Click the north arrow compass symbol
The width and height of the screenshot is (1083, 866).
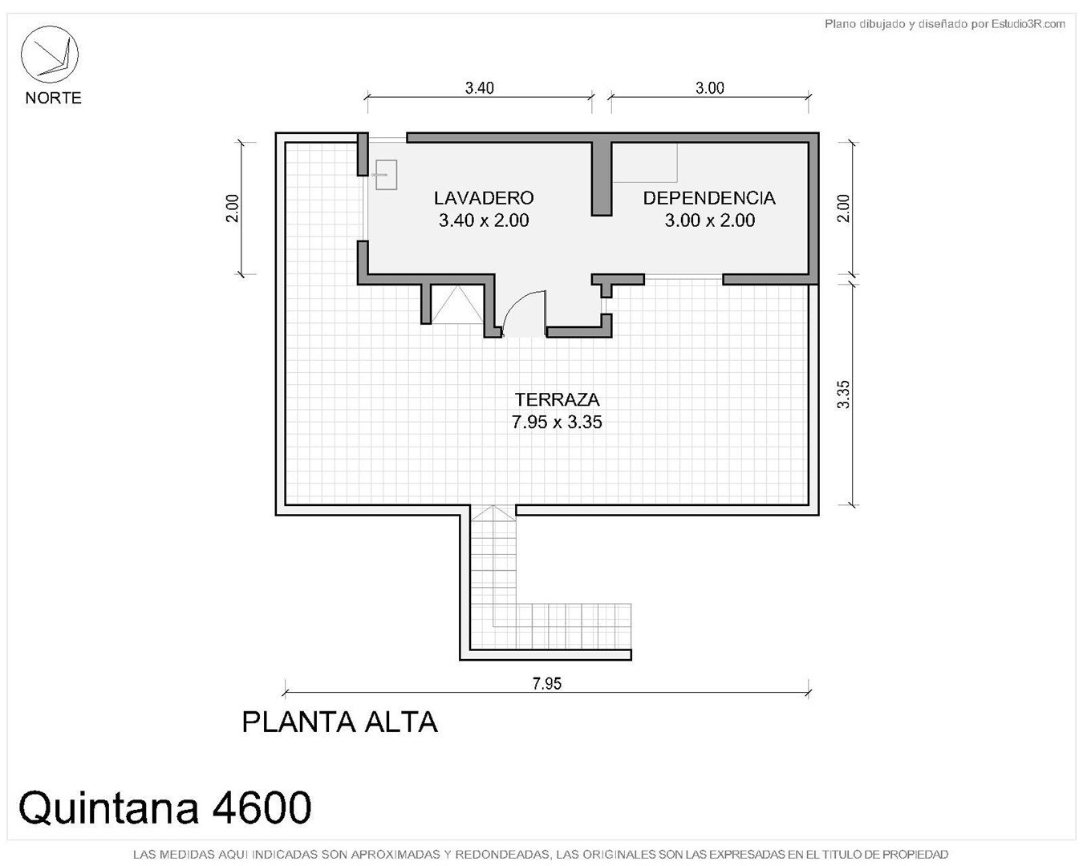coord(49,55)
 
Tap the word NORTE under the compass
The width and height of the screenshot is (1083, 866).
coord(53,98)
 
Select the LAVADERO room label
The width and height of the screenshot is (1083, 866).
coord(484,198)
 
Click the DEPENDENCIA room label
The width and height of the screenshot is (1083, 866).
coord(709,198)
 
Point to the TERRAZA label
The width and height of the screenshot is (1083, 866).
coord(557,399)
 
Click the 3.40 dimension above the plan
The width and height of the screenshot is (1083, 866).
coord(479,88)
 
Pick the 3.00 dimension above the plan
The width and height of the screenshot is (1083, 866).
coord(710,88)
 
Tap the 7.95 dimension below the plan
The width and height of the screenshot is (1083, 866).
coord(546,683)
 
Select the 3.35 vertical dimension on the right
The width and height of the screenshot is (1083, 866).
coord(844,395)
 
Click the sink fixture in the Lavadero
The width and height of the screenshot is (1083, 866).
coord(386,175)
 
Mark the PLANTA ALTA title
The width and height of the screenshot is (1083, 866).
coord(339,722)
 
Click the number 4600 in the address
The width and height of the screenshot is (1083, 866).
coord(262,807)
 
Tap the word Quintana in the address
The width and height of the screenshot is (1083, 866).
coord(108,808)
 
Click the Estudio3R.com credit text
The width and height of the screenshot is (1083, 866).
coord(1028,23)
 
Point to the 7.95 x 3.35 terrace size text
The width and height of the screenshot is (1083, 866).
coord(557,422)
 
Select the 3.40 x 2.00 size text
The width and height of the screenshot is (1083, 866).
coord(484,221)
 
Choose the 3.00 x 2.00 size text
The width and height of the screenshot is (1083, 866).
coord(710,221)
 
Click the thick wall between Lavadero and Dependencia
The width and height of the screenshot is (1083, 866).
coord(602,179)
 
